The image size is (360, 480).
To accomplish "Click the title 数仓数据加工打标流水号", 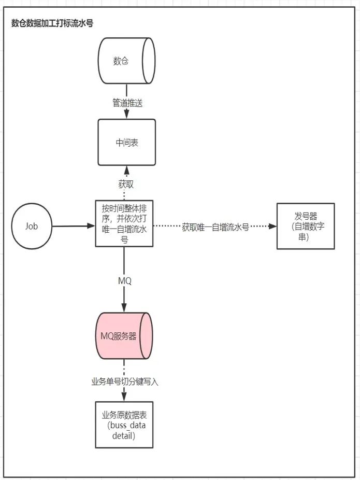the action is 52,23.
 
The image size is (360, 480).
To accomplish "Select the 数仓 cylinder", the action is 126,61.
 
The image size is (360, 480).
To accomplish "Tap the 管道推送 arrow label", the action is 127,103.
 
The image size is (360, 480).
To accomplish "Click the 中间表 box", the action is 126,143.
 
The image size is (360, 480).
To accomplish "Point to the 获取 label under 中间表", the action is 126,185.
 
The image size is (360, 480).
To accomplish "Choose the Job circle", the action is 32,226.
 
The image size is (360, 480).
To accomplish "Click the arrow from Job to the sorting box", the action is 74,226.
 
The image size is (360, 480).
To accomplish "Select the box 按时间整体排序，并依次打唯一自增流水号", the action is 124,223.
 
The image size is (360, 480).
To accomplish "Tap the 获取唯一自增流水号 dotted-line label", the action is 215,227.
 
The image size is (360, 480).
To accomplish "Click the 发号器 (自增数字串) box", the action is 306,226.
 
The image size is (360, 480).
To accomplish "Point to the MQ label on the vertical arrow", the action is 124,281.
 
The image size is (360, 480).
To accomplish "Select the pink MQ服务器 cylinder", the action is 124,336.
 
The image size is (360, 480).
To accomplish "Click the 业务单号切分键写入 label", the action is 125,382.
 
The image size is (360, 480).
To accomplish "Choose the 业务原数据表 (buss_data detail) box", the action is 124,425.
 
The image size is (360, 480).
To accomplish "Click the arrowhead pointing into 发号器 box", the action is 272,227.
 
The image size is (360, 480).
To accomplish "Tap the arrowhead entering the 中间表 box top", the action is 126,115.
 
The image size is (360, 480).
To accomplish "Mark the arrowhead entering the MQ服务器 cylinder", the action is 124,308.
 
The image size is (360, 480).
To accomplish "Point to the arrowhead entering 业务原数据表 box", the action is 124,397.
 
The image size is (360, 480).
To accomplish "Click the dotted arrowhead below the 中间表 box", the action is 126,170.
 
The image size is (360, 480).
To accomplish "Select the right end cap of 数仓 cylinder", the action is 149,61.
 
